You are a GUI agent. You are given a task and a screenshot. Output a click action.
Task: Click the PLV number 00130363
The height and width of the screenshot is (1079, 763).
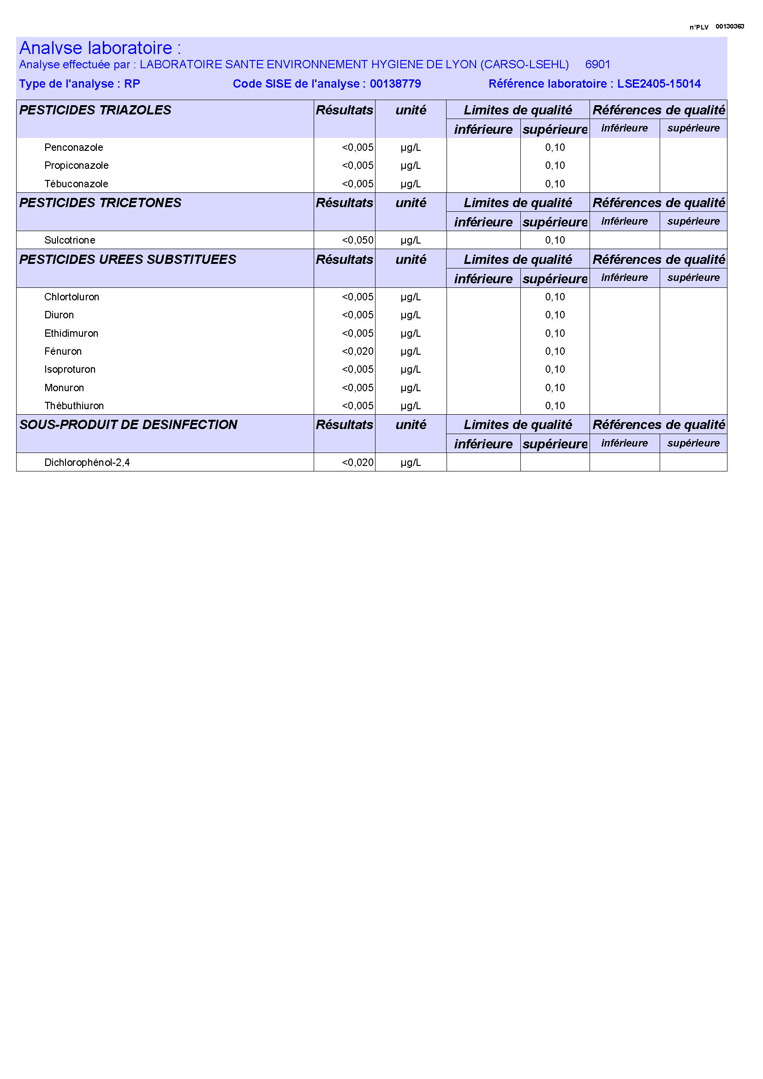[730, 26]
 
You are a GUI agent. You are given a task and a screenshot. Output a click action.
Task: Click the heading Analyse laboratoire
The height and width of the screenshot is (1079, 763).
[100, 48]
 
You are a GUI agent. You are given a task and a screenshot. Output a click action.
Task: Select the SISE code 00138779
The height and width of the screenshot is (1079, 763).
[395, 83]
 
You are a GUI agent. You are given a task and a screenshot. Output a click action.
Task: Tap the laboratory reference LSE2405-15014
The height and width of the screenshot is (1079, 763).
[659, 83]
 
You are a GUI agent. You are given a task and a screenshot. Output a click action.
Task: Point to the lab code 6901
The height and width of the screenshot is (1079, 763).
[597, 65]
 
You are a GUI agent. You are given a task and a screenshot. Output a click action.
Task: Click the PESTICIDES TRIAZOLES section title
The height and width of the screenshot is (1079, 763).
[95, 110]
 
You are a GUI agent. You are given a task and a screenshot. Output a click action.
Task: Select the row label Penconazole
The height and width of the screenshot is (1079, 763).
[74, 148]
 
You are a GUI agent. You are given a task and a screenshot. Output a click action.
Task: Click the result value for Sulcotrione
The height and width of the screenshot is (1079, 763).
[358, 240]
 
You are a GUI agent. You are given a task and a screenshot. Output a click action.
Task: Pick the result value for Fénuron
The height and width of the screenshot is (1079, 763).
[358, 352]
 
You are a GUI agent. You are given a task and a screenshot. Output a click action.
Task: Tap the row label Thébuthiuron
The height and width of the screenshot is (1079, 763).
[74, 405]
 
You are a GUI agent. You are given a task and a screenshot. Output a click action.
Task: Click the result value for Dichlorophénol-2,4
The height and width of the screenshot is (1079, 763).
[358, 462]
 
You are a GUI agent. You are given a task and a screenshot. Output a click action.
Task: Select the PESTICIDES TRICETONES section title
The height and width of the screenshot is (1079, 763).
[100, 203]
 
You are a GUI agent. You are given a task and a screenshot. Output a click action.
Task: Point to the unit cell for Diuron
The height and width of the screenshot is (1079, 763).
[411, 315]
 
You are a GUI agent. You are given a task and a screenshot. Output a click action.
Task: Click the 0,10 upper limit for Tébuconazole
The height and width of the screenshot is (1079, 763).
[555, 184]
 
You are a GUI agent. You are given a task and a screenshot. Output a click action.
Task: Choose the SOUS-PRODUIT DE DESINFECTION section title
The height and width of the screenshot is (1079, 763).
[128, 424]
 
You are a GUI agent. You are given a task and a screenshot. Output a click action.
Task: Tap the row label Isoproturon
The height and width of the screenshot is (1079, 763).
[70, 370]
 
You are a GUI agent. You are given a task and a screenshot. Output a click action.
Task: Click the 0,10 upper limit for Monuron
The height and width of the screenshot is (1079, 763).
[555, 387]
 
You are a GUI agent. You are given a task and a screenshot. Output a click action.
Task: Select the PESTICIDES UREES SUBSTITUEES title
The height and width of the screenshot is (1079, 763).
[128, 259]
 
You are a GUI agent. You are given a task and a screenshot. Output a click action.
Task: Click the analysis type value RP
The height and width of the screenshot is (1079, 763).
[132, 83]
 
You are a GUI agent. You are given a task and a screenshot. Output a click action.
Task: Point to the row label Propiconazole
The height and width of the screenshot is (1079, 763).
[77, 166]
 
